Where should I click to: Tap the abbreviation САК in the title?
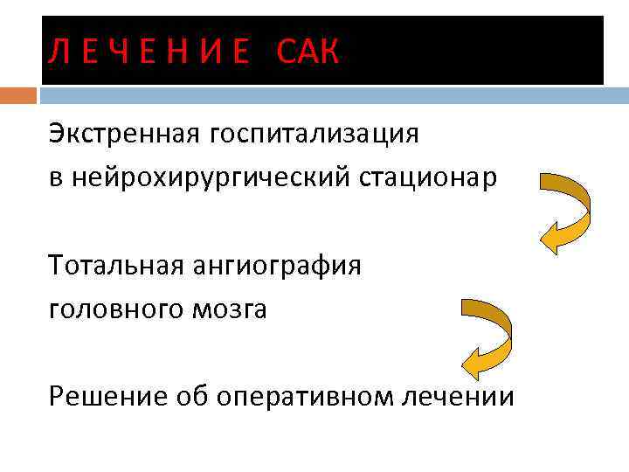(307, 53)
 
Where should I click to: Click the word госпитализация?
(313, 135)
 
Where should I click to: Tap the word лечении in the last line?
(458, 397)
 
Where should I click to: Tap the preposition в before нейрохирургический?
(55, 178)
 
